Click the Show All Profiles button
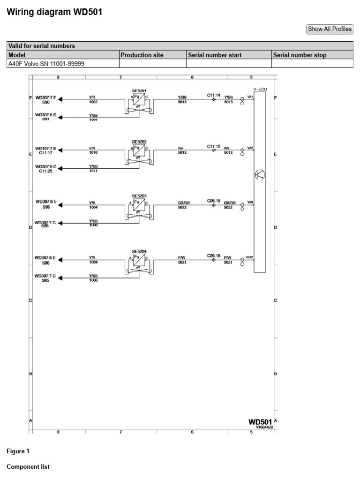tap(330, 29)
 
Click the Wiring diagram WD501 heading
tap(54, 12)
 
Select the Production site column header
tap(142, 55)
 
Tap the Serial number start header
tap(215, 55)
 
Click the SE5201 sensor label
tap(139, 90)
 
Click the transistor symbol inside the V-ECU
tap(260, 175)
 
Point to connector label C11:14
tap(214, 95)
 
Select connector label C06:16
tap(214, 255)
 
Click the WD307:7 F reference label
tap(45, 98)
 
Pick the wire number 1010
tap(93, 152)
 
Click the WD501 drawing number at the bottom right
tap(260, 422)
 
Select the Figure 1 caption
tap(18, 451)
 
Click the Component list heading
tap(28, 467)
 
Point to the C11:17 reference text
tap(45, 152)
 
